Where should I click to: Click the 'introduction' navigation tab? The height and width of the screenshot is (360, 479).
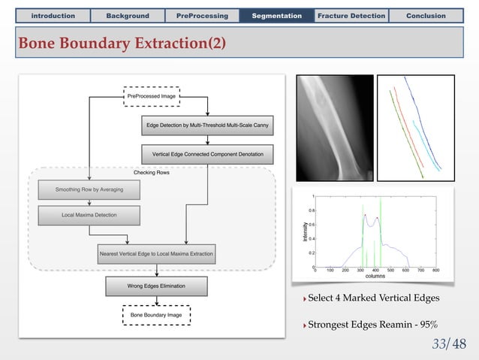pyautogui.click(x=52, y=16)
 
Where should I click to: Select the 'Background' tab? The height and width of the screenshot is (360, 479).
pyautogui.click(x=127, y=16)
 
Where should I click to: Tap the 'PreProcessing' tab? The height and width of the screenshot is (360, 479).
pyautogui.click(x=202, y=16)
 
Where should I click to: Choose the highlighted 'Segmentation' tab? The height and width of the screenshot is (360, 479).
pyautogui.click(x=277, y=16)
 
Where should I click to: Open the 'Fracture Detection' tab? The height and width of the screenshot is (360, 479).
pyautogui.click(x=351, y=16)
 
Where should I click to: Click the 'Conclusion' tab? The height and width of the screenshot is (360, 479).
pyautogui.click(x=426, y=16)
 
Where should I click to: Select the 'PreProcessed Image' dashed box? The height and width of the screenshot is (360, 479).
pyautogui.click(x=151, y=95)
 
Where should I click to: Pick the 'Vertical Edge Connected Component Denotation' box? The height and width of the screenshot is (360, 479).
pyautogui.click(x=208, y=155)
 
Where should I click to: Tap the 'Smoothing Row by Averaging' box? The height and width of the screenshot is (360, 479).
pyautogui.click(x=89, y=189)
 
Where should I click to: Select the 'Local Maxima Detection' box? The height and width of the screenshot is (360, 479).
pyautogui.click(x=89, y=216)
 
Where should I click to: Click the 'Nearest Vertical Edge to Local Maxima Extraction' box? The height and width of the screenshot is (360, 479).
pyautogui.click(x=157, y=253)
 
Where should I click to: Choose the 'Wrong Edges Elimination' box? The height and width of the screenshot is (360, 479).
pyautogui.click(x=156, y=286)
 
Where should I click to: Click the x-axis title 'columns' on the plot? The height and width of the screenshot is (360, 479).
pyautogui.click(x=375, y=276)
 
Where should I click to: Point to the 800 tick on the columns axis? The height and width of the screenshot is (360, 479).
pyautogui.click(x=435, y=269)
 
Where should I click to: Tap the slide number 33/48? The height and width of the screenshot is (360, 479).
pyautogui.click(x=448, y=344)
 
